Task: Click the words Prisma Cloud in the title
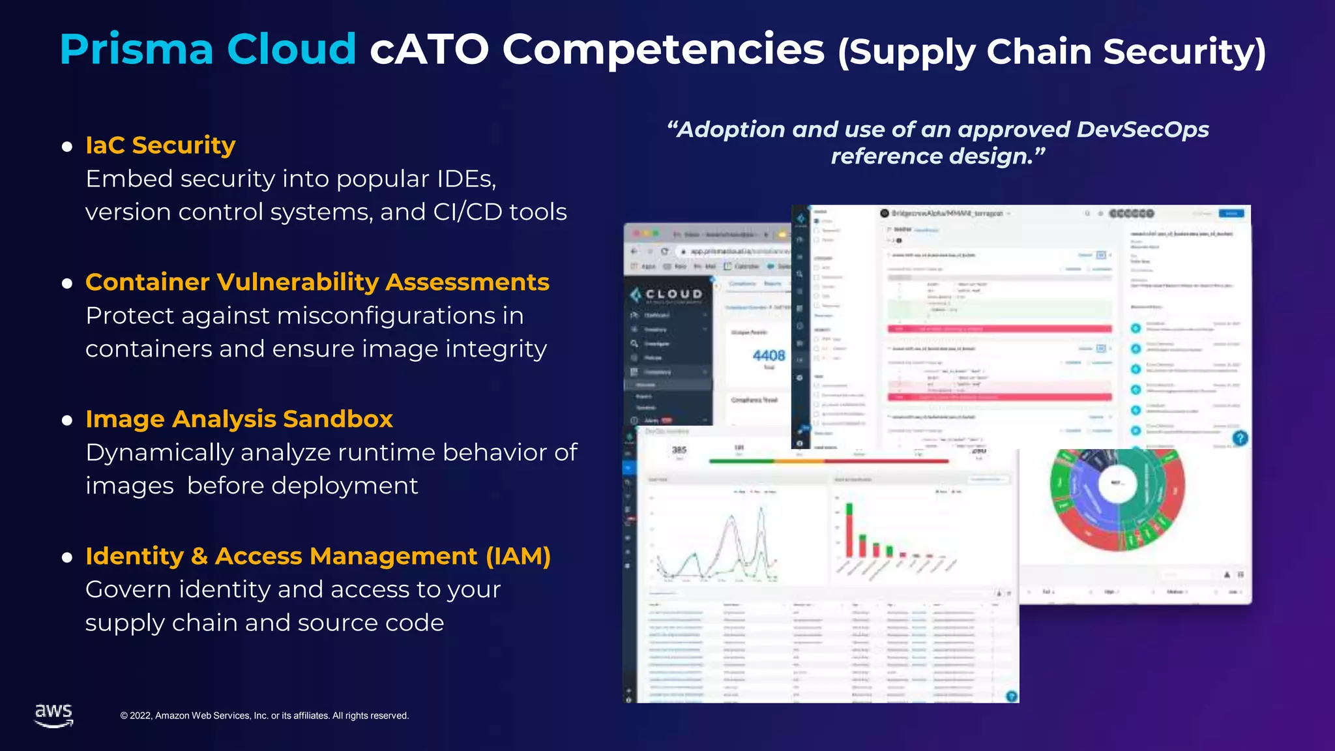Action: (207, 50)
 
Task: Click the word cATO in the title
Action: (429, 50)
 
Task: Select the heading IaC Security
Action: (160, 145)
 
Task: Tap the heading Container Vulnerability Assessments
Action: (317, 282)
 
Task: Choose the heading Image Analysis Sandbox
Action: (239, 419)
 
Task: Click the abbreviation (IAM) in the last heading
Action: (518, 556)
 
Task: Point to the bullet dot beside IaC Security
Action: (66, 147)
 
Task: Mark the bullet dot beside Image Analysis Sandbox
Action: (66, 420)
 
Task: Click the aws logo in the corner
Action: (53, 714)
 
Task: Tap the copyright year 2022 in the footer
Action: (140, 716)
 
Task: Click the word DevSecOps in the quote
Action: (1142, 130)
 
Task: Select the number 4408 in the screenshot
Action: (769, 356)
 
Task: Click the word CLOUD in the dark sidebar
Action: (674, 294)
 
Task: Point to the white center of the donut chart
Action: (1119, 483)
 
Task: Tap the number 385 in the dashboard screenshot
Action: (679, 450)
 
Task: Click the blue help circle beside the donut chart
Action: (1240, 438)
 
